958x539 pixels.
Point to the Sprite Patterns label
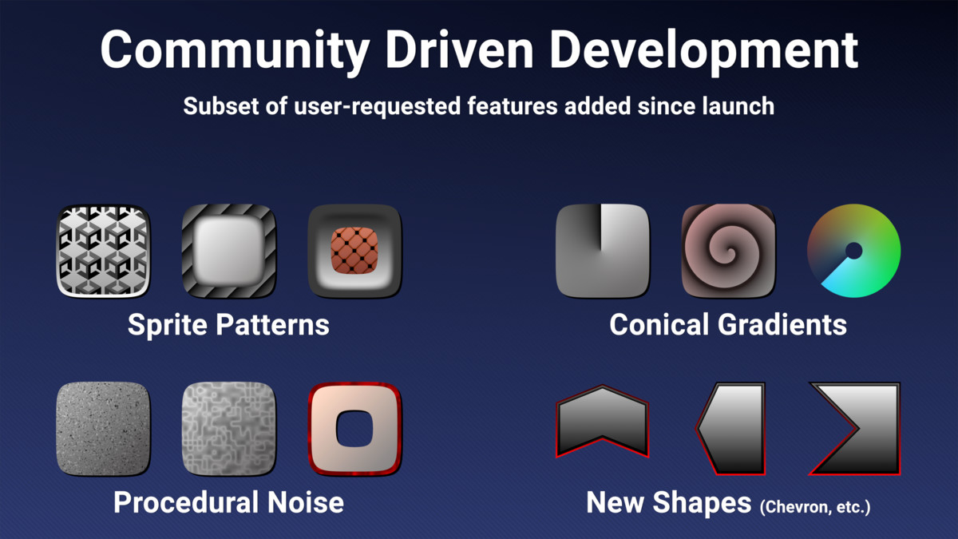pyautogui.click(x=228, y=325)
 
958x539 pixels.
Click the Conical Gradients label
pyautogui.click(x=728, y=325)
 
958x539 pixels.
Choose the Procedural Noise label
pyautogui.click(x=228, y=502)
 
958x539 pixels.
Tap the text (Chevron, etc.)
pyautogui.click(x=815, y=506)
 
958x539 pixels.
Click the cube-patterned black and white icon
pyautogui.click(x=103, y=251)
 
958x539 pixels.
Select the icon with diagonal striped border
pyautogui.click(x=228, y=251)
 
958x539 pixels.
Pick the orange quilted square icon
pyautogui.click(x=354, y=251)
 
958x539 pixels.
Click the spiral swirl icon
pyautogui.click(x=728, y=251)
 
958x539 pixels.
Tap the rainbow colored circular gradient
pyautogui.click(x=854, y=251)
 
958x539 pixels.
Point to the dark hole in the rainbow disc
pyautogui.click(x=853, y=251)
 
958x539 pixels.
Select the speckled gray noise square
pyautogui.click(x=103, y=429)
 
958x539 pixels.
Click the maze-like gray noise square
pyautogui.click(x=228, y=429)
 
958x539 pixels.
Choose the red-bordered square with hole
pyautogui.click(x=354, y=429)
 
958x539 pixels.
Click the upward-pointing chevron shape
pyautogui.click(x=602, y=421)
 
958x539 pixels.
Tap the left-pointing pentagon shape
pyautogui.click(x=731, y=429)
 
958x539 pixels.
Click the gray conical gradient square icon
pyautogui.click(x=602, y=251)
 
